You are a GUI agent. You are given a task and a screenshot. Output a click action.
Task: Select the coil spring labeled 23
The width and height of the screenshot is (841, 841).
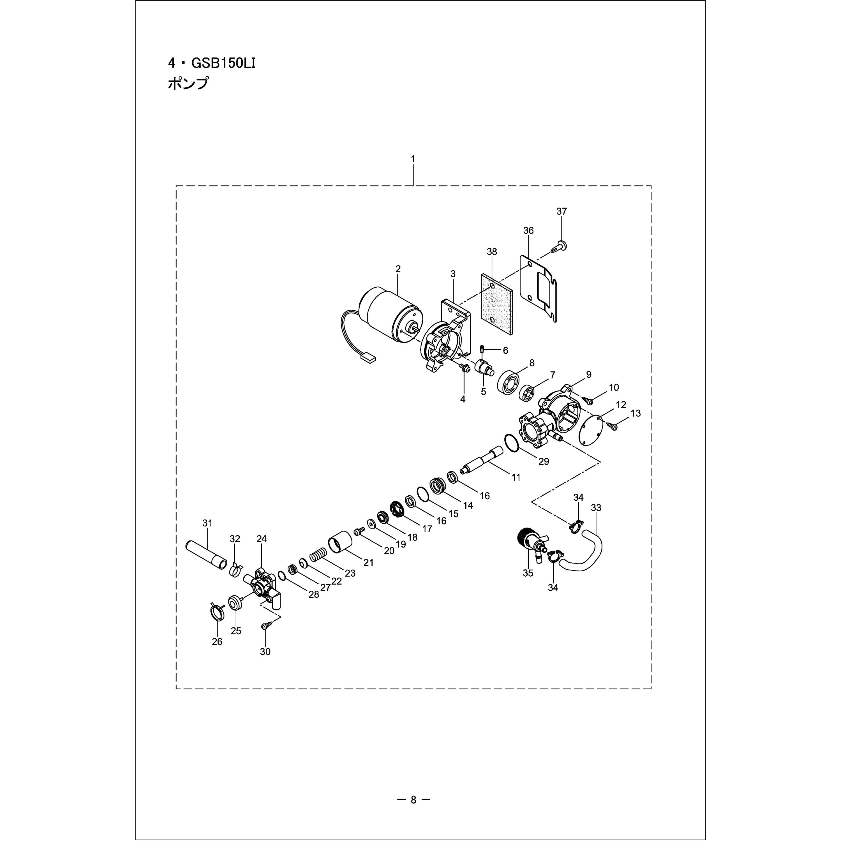318,556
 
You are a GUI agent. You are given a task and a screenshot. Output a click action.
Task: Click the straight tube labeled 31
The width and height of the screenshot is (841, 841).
206,554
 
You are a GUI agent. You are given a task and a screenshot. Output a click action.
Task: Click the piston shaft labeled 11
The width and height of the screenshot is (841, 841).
484,463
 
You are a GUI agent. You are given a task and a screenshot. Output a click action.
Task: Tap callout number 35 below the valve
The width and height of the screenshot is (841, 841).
528,573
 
